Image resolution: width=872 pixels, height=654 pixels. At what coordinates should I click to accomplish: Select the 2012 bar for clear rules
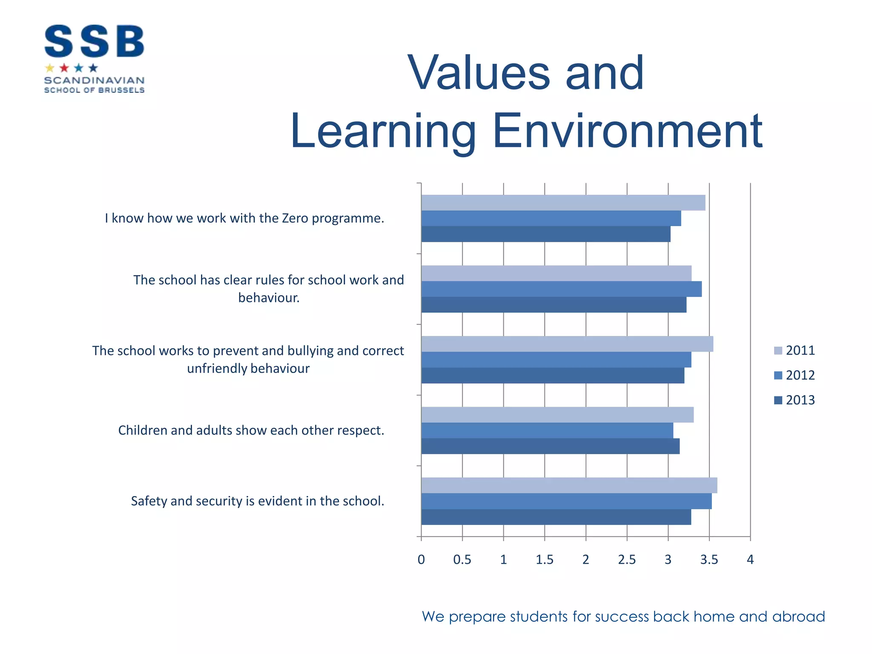pyautogui.click(x=561, y=289)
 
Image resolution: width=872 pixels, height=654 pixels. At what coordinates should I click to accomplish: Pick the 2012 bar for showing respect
pyautogui.click(x=547, y=430)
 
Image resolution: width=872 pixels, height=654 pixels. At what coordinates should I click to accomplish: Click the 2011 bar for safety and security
pyautogui.click(x=569, y=485)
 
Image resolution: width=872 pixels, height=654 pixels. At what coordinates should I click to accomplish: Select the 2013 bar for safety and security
pyautogui.click(x=556, y=517)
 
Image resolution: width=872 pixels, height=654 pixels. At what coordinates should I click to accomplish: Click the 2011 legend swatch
pyautogui.click(x=778, y=351)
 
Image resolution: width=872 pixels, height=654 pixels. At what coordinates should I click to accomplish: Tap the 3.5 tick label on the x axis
pyautogui.click(x=709, y=559)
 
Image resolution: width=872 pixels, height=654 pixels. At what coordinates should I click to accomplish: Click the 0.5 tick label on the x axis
pyautogui.click(x=462, y=559)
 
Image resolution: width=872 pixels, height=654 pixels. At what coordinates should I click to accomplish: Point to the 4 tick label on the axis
pyautogui.click(x=750, y=559)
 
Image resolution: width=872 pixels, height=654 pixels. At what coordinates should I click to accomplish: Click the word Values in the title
pyautogui.click(x=479, y=73)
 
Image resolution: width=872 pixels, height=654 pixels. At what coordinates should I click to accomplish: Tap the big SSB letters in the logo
pyautogui.click(x=94, y=41)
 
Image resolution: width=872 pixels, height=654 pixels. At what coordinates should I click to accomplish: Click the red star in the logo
pyautogui.click(x=64, y=68)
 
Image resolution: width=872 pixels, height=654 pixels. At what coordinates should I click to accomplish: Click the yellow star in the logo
pyautogui.click(x=50, y=68)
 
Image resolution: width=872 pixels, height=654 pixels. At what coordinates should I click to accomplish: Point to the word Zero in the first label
pyautogui.click(x=295, y=218)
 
